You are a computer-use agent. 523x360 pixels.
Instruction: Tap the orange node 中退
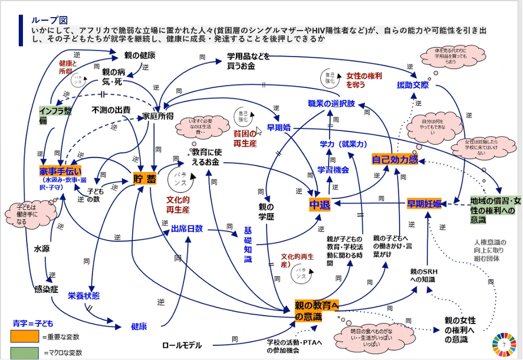click(x=320, y=205)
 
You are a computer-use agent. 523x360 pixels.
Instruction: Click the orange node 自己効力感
click(x=394, y=160)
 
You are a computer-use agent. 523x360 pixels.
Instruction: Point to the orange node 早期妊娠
click(x=424, y=204)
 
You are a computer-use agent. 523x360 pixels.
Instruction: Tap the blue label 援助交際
click(x=413, y=85)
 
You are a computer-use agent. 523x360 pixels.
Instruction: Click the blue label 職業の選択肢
click(x=331, y=104)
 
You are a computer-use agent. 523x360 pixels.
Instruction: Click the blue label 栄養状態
click(x=83, y=296)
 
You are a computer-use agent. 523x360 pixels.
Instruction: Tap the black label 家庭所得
click(x=157, y=116)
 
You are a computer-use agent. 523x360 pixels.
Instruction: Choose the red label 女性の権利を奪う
click(x=364, y=80)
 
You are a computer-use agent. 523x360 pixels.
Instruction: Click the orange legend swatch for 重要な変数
click(x=24, y=336)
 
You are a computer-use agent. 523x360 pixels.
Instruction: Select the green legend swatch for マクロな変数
click(x=24, y=352)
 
